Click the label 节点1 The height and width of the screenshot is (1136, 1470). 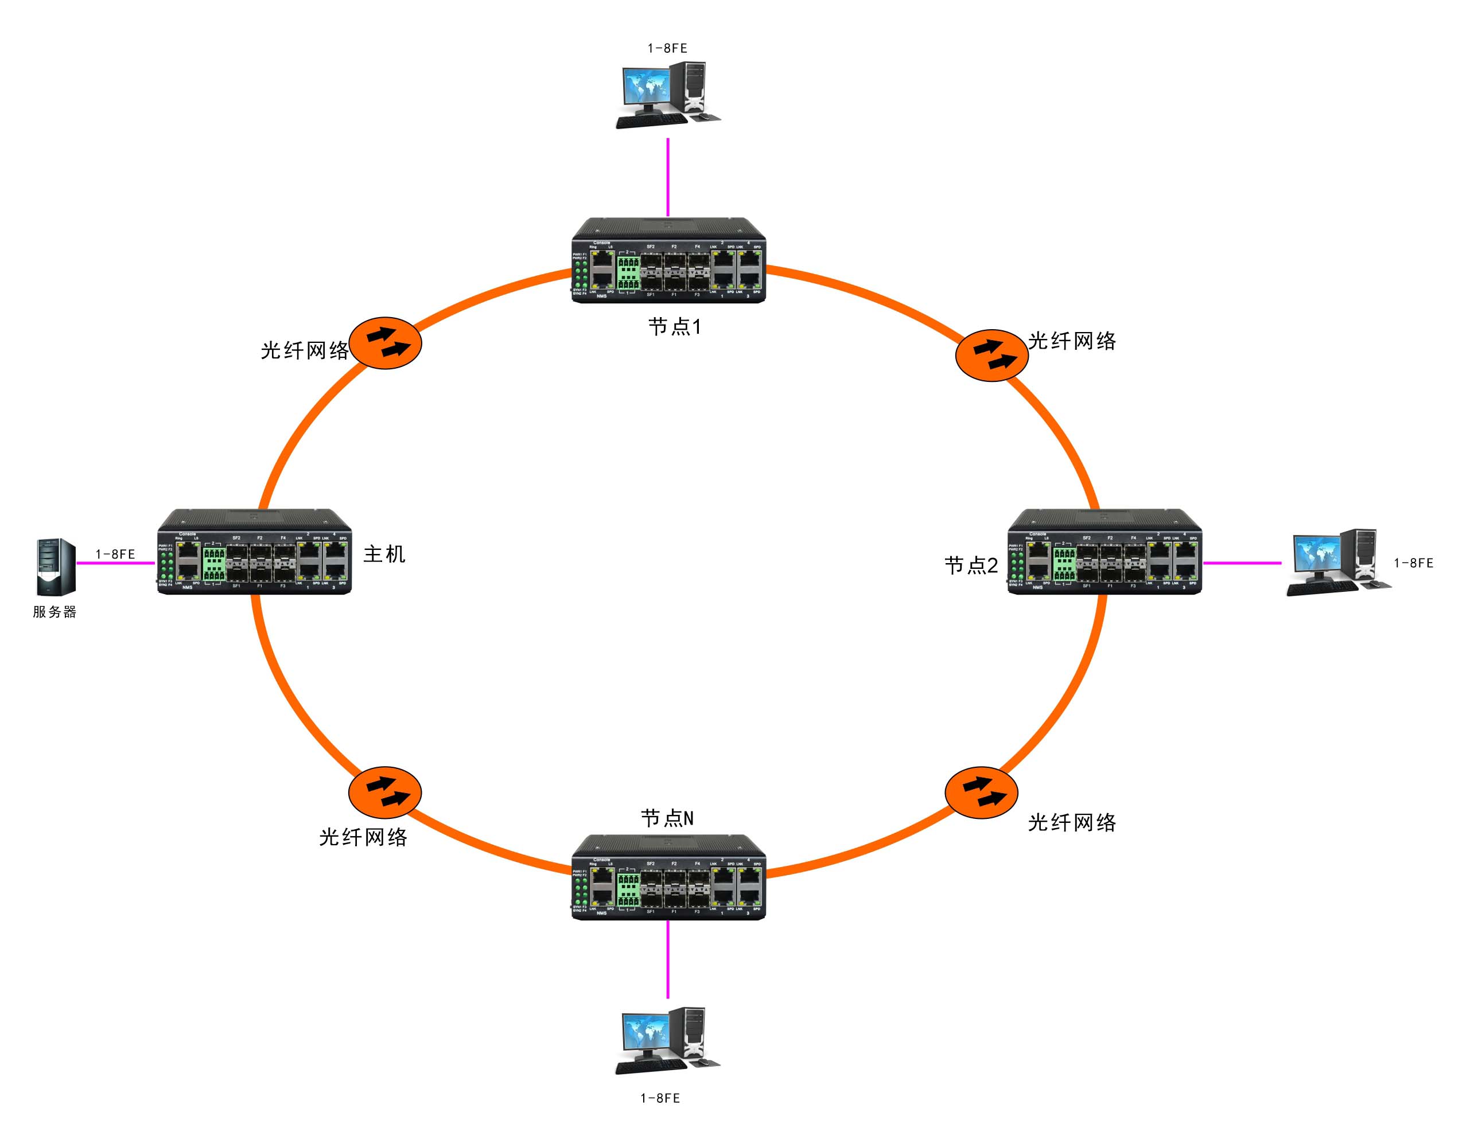(674, 327)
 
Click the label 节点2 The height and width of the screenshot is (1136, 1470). (971, 565)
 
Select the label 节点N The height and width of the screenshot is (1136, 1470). (667, 818)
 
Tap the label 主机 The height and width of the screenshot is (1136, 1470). (384, 553)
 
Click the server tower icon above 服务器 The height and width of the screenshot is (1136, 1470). (55, 567)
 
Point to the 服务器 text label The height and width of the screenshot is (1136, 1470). (55, 611)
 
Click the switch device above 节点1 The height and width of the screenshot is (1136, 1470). (669, 261)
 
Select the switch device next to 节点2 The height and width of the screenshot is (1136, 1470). (1105, 552)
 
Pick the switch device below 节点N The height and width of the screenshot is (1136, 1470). (669, 878)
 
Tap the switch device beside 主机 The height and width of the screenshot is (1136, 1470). (254, 552)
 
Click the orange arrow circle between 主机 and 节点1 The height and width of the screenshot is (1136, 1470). (385, 342)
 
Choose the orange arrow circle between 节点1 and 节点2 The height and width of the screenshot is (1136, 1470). (991, 355)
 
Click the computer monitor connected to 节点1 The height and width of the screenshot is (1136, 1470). (645, 87)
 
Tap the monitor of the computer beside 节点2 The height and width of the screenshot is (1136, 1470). (1315, 556)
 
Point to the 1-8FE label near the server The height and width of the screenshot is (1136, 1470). (115, 554)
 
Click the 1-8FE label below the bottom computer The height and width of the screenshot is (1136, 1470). (660, 1098)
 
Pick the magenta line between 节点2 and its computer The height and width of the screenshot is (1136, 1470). (1242, 563)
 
